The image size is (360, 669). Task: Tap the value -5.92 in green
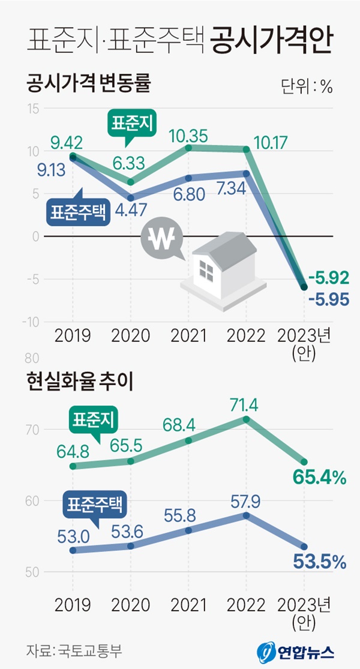pos(328,277)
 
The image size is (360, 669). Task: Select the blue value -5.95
pos(328,298)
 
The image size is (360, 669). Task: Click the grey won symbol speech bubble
pos(163,241)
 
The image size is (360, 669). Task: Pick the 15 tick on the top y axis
pos(32,109)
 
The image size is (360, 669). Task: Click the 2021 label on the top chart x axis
pos(188,335)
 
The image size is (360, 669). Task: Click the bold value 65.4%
pos(320,478)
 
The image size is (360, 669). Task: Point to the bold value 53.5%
pos(320,562)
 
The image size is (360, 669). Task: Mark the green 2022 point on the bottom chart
pos(246,419)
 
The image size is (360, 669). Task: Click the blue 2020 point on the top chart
pos(131,197)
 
